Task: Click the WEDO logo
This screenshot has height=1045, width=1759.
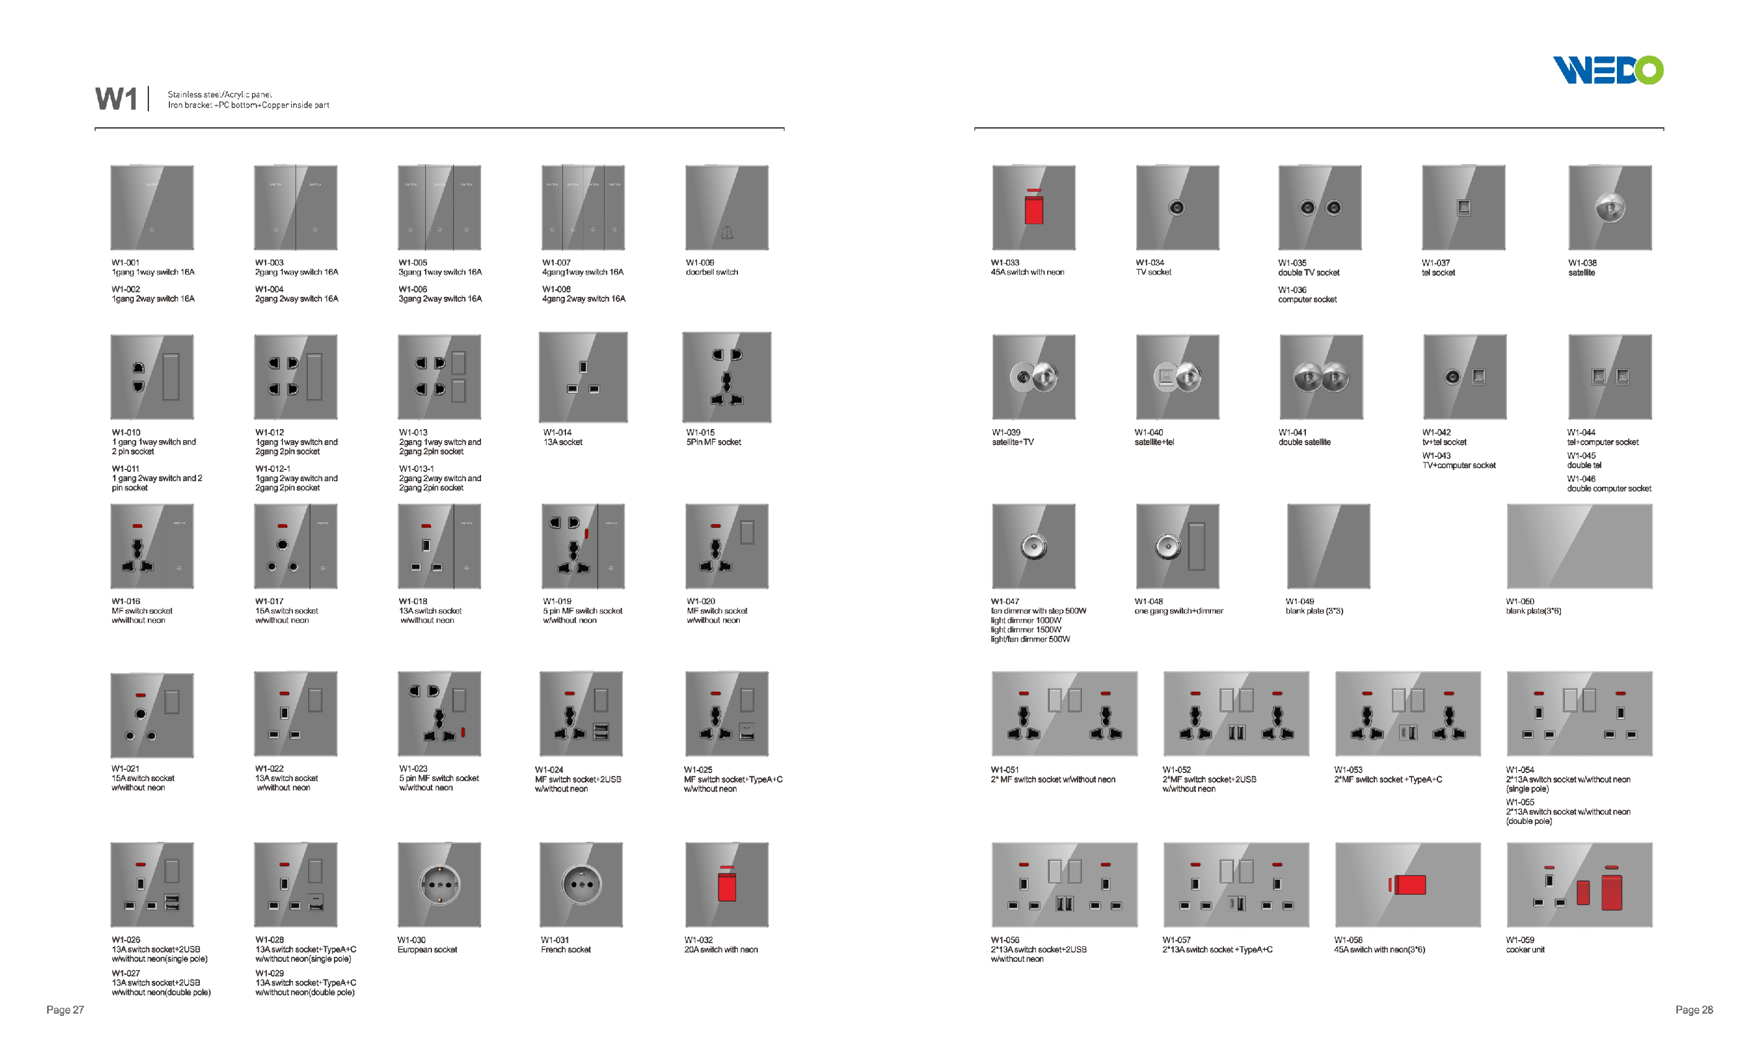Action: [1608, 70]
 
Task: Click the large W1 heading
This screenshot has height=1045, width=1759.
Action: [116, 99]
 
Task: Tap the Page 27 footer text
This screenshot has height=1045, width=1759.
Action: [65, 1010]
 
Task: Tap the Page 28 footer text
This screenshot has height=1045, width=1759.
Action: [1694, 1010]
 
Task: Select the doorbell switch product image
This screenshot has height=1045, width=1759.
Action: [726, 208]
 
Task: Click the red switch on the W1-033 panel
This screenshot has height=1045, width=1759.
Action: [1033, 210]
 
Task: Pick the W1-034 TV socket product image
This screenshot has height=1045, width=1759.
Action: [1177, 208]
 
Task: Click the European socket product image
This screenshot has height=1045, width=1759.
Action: [439, 884]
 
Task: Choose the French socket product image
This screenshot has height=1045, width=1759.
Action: [582, 884]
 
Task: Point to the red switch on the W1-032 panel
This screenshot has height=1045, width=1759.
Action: [726, 887]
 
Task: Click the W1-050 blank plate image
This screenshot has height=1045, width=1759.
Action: [1579, 546]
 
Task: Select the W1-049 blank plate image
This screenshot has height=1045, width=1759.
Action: [1328, 546]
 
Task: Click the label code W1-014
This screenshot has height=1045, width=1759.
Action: [557, 432]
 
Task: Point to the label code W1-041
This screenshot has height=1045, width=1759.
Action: [1292, 432]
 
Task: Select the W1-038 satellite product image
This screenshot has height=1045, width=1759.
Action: [1610, 208]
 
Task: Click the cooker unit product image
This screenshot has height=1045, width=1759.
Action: [1579, 884]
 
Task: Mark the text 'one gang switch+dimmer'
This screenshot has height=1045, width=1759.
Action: [1178, 611]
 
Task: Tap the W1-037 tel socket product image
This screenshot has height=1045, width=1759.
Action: [1464, 208]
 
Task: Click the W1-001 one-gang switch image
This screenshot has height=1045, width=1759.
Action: [152, 208]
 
